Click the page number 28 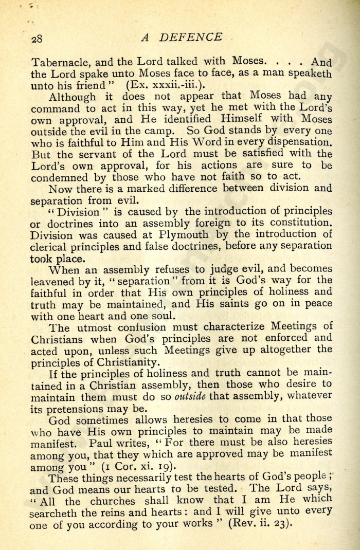(x=38, y=40)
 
